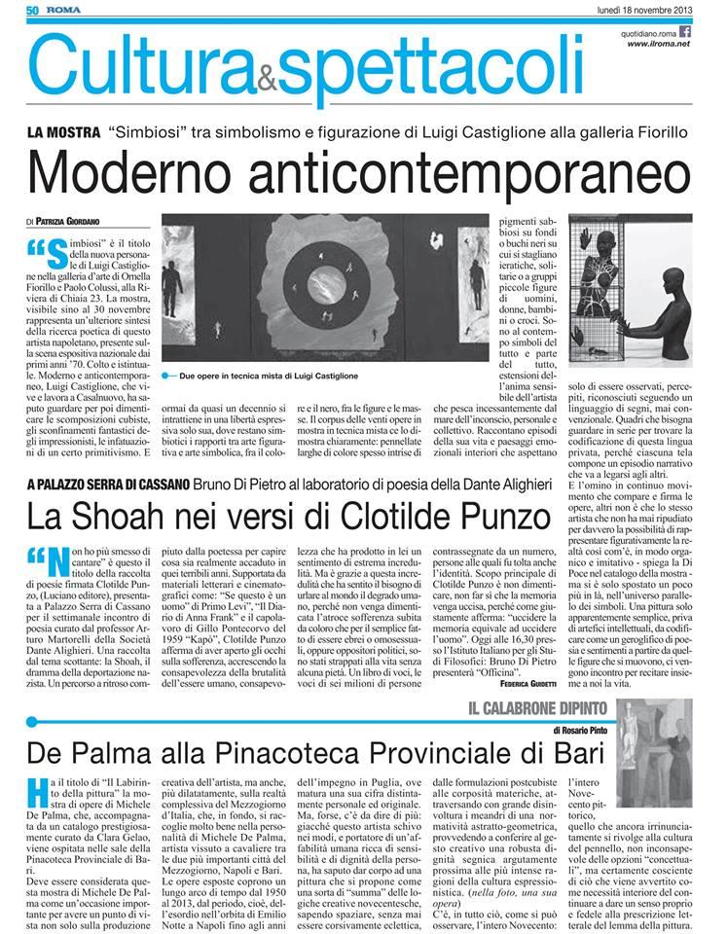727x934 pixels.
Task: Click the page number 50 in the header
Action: coord(32,11)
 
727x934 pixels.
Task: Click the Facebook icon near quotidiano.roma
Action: coord(684,31)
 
